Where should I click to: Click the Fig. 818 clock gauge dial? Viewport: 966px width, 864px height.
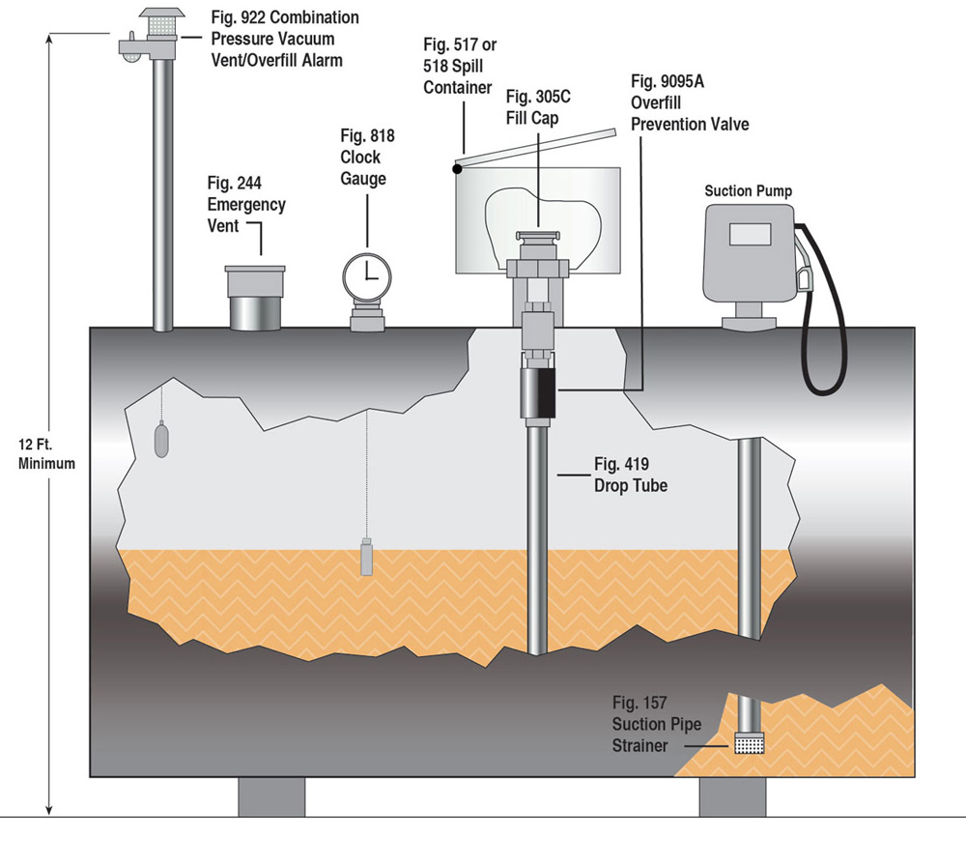(x=368, y=274)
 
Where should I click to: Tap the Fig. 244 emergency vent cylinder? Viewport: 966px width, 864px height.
(x=255, y=299)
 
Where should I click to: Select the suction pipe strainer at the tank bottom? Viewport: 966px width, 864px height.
(x=750, y=743)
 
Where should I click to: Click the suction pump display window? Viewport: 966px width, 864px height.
(x=749, y=235)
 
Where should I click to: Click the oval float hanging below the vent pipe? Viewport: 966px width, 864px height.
(x=162, y=441)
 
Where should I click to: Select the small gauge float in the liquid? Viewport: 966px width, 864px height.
(x=366, y=558)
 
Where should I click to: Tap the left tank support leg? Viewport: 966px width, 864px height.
(x=271, y=796)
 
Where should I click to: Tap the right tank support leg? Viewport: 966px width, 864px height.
(x=732, y=796)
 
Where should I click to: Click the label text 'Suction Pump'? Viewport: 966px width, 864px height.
(x=748, y=191)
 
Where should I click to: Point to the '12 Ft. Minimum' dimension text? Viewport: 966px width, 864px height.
(x=46, y=454)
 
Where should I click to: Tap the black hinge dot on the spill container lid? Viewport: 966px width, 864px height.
(x=456, y=169)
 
